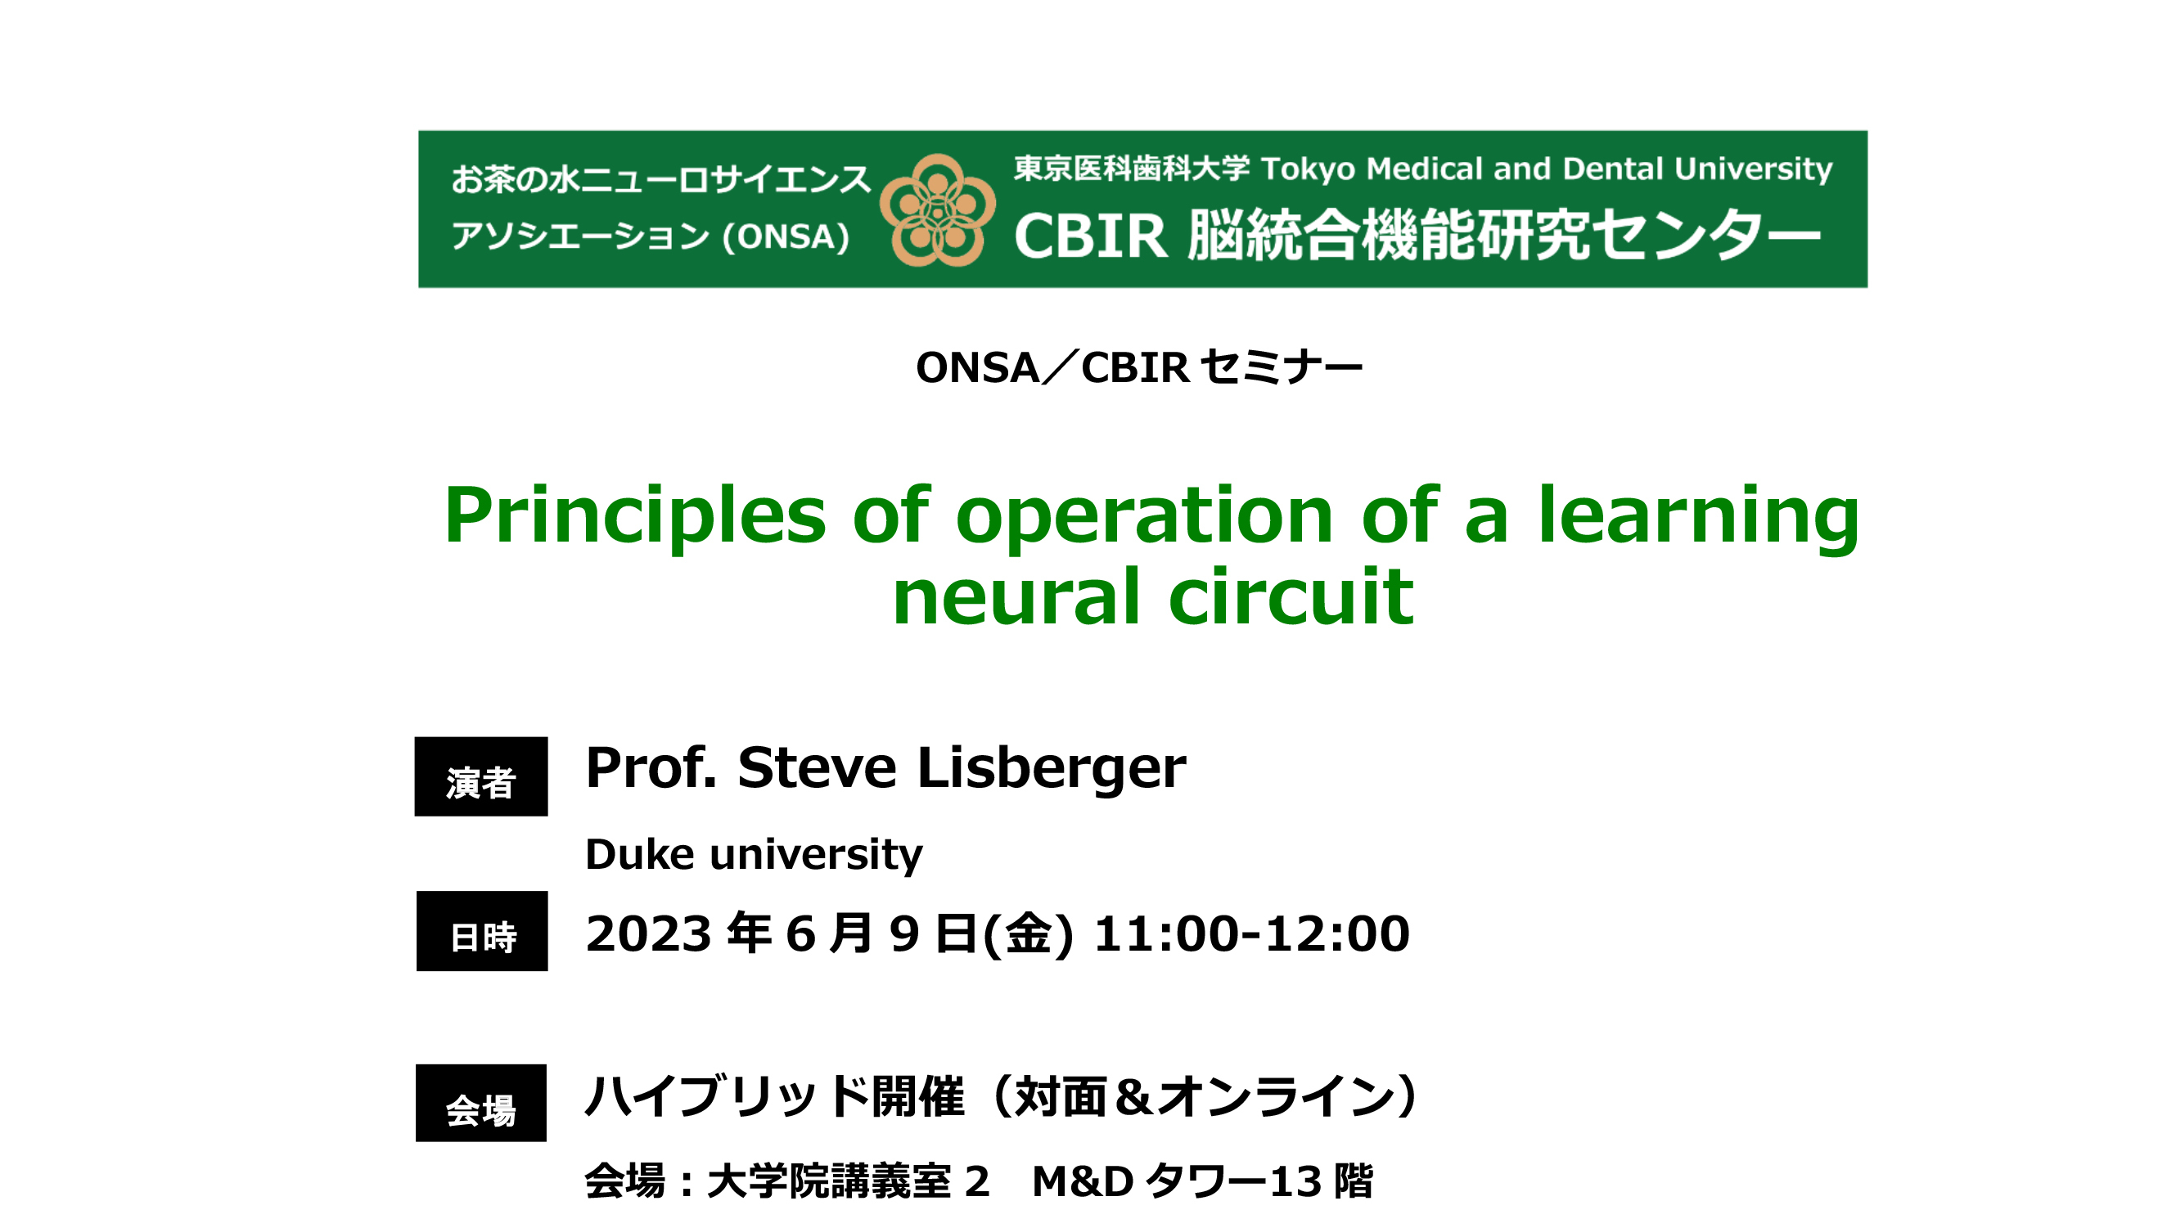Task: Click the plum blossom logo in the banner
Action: coord(938,209)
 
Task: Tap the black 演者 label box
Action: coord(481,776)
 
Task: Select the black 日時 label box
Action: coord(482,931)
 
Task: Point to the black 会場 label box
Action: coord(481,1103)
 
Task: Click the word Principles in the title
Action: coord(635,515)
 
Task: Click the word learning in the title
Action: coord(1698,517)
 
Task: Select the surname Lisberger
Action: coord(1052,768)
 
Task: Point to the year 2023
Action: coord(650,933)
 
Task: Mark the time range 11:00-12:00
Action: coord(1252,933)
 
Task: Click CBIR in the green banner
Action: coord(1091,236)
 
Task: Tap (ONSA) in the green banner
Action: coord(786,236)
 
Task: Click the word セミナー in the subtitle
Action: coord(1282,367)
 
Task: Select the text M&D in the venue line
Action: coord(1083,1182)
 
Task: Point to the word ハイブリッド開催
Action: coord(774,1096)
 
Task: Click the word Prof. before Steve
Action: coord(651,768)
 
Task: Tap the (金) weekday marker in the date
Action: coord(1028,934)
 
